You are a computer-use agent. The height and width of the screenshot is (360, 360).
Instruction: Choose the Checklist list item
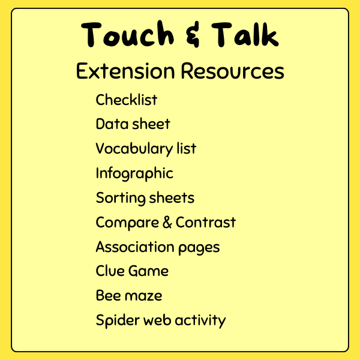tap(127, 100)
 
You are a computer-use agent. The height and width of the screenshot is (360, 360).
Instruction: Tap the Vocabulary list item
tap(146, 148)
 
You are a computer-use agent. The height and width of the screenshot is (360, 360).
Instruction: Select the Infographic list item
tap(134, 173)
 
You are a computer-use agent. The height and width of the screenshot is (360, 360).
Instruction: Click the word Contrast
tap(206, 223)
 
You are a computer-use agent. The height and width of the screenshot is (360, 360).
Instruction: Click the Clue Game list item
tap(132, 271)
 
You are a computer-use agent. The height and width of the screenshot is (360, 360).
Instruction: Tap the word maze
tap(145, 296)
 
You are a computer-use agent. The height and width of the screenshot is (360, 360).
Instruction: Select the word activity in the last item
tap(200, 320)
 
